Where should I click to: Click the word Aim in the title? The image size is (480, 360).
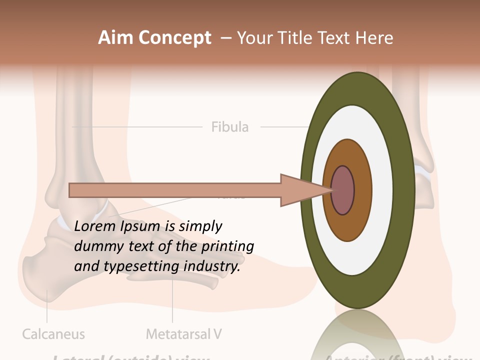coord(115,38)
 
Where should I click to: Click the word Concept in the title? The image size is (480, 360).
coord(174,38)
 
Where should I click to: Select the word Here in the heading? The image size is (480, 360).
coord(374,38)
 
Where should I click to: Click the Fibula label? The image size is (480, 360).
coord(229,127)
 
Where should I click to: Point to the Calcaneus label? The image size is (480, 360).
coord(53,334)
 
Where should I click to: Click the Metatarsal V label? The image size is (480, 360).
coord(183,334)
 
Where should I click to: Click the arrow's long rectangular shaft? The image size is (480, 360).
coord(175,190)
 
